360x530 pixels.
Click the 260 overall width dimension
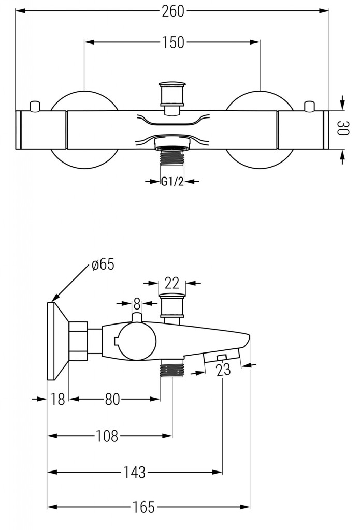172,11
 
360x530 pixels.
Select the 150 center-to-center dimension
172,42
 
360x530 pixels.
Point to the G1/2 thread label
172,181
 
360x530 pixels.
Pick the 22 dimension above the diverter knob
172,283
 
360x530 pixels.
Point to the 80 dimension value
113,399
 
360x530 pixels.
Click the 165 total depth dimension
143,507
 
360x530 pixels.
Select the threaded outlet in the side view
171,370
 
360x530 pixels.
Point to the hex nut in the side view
78,342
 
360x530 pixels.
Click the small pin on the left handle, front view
35,106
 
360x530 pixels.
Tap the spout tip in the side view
248,342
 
